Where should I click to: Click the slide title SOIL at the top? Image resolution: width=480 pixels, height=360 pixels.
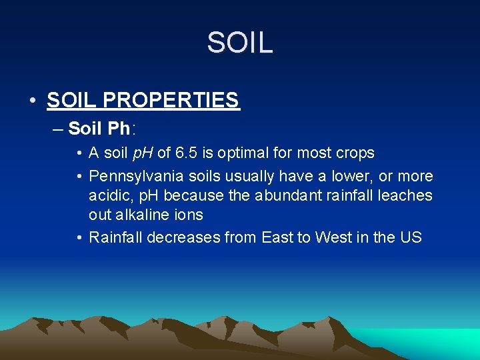point(239,43)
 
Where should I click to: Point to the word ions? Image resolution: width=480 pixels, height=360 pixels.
point(189,215)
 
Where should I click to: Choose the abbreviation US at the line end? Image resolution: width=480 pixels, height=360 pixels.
point(411,237)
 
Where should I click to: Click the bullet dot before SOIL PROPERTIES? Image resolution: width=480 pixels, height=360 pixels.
point(32,101)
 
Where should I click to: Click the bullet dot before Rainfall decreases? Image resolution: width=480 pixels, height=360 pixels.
point(79,238)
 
